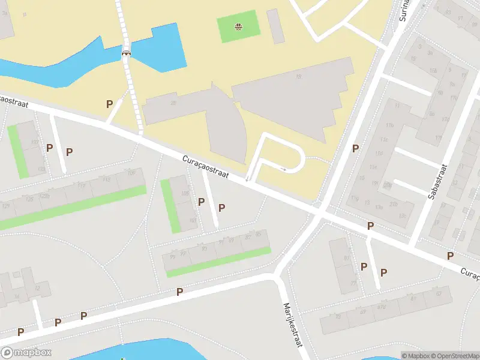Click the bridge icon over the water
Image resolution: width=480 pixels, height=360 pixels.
(127, 52)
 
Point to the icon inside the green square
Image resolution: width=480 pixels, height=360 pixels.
(239, 26)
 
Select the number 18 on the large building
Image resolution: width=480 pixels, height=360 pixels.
(298, 76)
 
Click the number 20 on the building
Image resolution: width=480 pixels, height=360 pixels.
(173, 103)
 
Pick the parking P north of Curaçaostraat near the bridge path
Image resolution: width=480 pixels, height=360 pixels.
(109, 104)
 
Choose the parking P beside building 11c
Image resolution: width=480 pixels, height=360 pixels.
(355, 148)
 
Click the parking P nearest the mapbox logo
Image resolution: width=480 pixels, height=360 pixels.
(20, 331)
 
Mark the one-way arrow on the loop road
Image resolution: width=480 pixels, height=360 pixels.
(284, 170)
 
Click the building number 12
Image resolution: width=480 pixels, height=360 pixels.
(37, 289)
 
